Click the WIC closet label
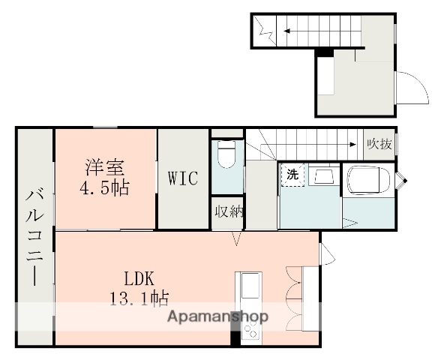point(183,178)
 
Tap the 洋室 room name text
point(105,167)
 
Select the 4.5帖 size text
point(104,187)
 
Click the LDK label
point(139,278)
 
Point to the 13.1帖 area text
point(139,298)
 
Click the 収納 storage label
point(229,212)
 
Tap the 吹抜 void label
point(379,144)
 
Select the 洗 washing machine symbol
point(293,175)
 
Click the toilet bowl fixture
point(226,154)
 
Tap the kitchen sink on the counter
point(250,285)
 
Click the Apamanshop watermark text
point(217,316)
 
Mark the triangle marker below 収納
point(236,239)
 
